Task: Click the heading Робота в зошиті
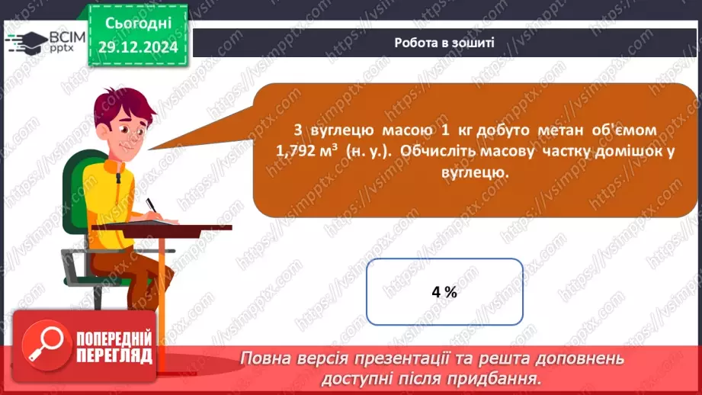click(x=444, y=43)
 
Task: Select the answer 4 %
click(x=444, y=292)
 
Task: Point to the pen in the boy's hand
click(x=152, y=207)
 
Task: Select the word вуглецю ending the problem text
click(x=474, y=172)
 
